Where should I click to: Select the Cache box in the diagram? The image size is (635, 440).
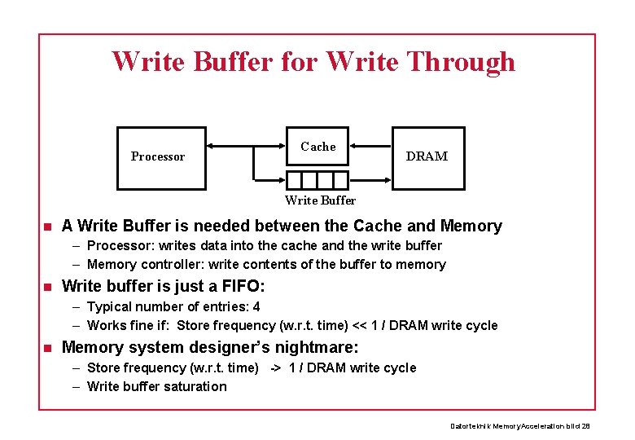coord(317,147)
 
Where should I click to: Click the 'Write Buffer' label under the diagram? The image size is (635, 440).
coord(320,200)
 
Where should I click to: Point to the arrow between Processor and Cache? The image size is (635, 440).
coord(244,147)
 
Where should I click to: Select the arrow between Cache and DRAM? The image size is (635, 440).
coord(370,147)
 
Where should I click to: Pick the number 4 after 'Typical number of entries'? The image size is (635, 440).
coord(256,307)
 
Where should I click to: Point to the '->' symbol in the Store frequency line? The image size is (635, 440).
coord(274,368)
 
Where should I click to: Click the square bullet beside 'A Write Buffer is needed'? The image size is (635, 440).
coord(48,227)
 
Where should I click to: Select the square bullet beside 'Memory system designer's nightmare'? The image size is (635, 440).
coord(48,348)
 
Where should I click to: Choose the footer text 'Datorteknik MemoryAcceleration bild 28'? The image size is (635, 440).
coord(520,426)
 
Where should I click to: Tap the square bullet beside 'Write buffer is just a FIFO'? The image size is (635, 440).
coord(48,287)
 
